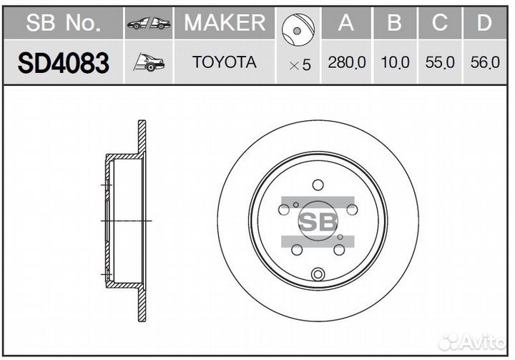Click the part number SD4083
[63, 63]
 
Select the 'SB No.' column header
[63, 23]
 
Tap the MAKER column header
[225, 23]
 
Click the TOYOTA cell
[225, 62]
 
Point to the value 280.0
[347, 62]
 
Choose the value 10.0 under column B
[395, 62]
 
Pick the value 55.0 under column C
[440, 62]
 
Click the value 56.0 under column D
[485, 62]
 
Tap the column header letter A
[346, 23]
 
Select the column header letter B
[394, 23]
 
